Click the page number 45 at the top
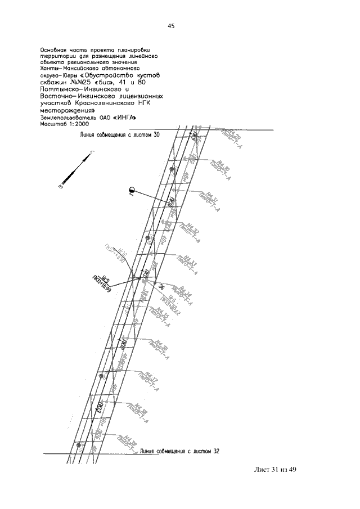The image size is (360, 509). [x=171, y=26]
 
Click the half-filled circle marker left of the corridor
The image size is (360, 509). [x=131, y=191]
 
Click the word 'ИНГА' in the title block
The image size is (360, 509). [x=125, y=118]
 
